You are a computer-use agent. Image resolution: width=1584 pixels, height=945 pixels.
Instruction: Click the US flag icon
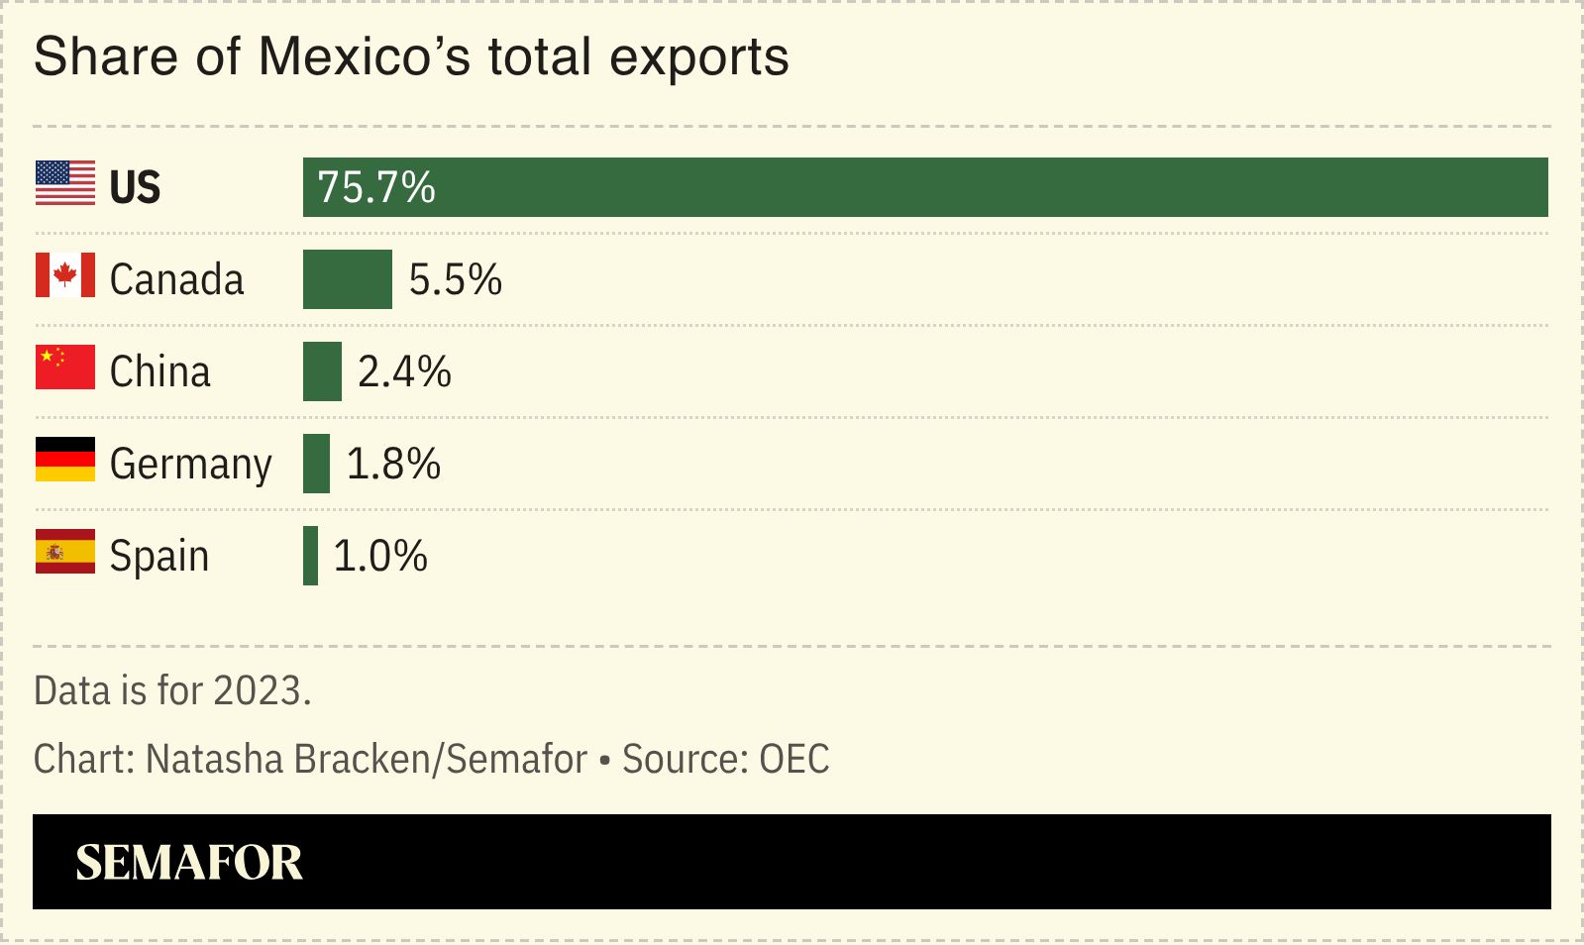pos(65,183)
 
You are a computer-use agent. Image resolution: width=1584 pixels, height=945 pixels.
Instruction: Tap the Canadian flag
pos(65,275)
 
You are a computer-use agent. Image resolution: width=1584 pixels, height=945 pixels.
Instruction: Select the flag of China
pos(65,367)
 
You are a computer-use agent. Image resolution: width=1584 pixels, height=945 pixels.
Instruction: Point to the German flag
pos(65,460)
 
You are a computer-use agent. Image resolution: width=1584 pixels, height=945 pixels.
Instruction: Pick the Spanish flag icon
pos(65,552)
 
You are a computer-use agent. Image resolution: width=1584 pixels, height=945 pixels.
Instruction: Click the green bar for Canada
pos(347,279)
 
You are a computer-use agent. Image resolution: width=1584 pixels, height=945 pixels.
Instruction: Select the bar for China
pos(322,371)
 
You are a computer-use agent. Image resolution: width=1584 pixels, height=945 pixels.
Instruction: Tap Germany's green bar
pos(316,464)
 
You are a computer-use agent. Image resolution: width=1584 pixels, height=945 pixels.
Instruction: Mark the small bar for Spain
pos(310,556)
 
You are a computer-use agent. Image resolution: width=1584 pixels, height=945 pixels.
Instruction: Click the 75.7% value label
pos(376,187)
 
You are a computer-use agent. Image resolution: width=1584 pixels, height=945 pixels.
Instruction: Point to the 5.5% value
pos(456,280)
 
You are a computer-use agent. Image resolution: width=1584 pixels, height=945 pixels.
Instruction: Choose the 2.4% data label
pos(404,372)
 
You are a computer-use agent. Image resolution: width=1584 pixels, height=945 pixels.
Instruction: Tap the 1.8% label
pos(393,465)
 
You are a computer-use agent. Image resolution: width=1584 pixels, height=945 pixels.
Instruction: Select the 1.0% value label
pos(380,557)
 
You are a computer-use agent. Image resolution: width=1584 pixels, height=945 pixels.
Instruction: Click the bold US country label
pos(135,187)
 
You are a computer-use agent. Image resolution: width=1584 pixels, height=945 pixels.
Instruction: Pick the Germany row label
pos(190,465)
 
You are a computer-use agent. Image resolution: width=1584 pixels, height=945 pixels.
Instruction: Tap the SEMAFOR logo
pos(189,862)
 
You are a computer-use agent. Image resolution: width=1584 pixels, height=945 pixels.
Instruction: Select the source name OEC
pos(793,760)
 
